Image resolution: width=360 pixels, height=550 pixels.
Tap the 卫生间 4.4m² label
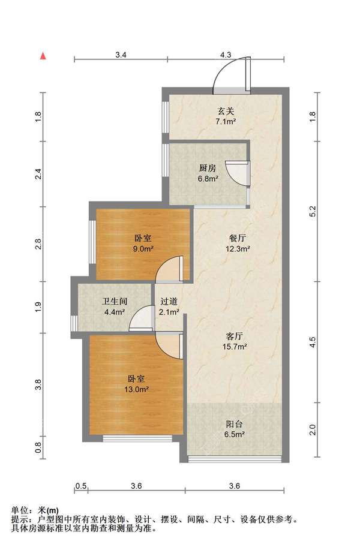click(x=113, y=307)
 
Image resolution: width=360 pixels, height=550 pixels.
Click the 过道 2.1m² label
click(x=169, y=307)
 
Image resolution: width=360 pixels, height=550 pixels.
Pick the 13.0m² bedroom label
click(x=138, y=384)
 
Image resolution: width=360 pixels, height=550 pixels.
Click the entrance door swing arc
click(x=231, y=72)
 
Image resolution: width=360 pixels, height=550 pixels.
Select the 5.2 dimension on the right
click(x=312, y=211)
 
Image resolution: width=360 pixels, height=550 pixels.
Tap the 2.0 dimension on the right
click(x=312, y=429)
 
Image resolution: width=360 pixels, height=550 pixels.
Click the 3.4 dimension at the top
click(x=121, y=54)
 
